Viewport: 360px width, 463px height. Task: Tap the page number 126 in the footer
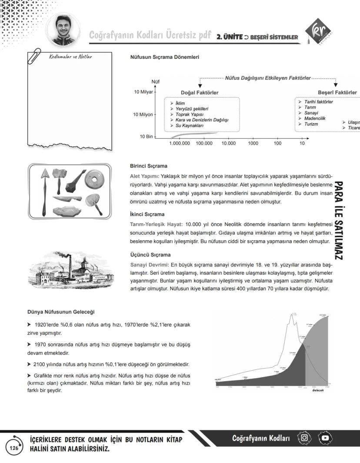click(14, 448)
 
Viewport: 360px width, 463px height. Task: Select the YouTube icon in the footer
click(325, 438)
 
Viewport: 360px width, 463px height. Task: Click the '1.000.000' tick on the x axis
click(180, 143)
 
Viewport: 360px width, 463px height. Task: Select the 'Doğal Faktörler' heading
click(200, 93)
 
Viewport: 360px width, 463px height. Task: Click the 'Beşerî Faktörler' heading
click(337, 92)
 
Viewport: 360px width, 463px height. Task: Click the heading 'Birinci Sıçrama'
click(149, 166)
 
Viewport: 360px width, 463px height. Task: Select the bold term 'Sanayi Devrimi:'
click(150, 264)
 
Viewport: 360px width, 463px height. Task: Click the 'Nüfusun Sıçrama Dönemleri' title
click(165, 57)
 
